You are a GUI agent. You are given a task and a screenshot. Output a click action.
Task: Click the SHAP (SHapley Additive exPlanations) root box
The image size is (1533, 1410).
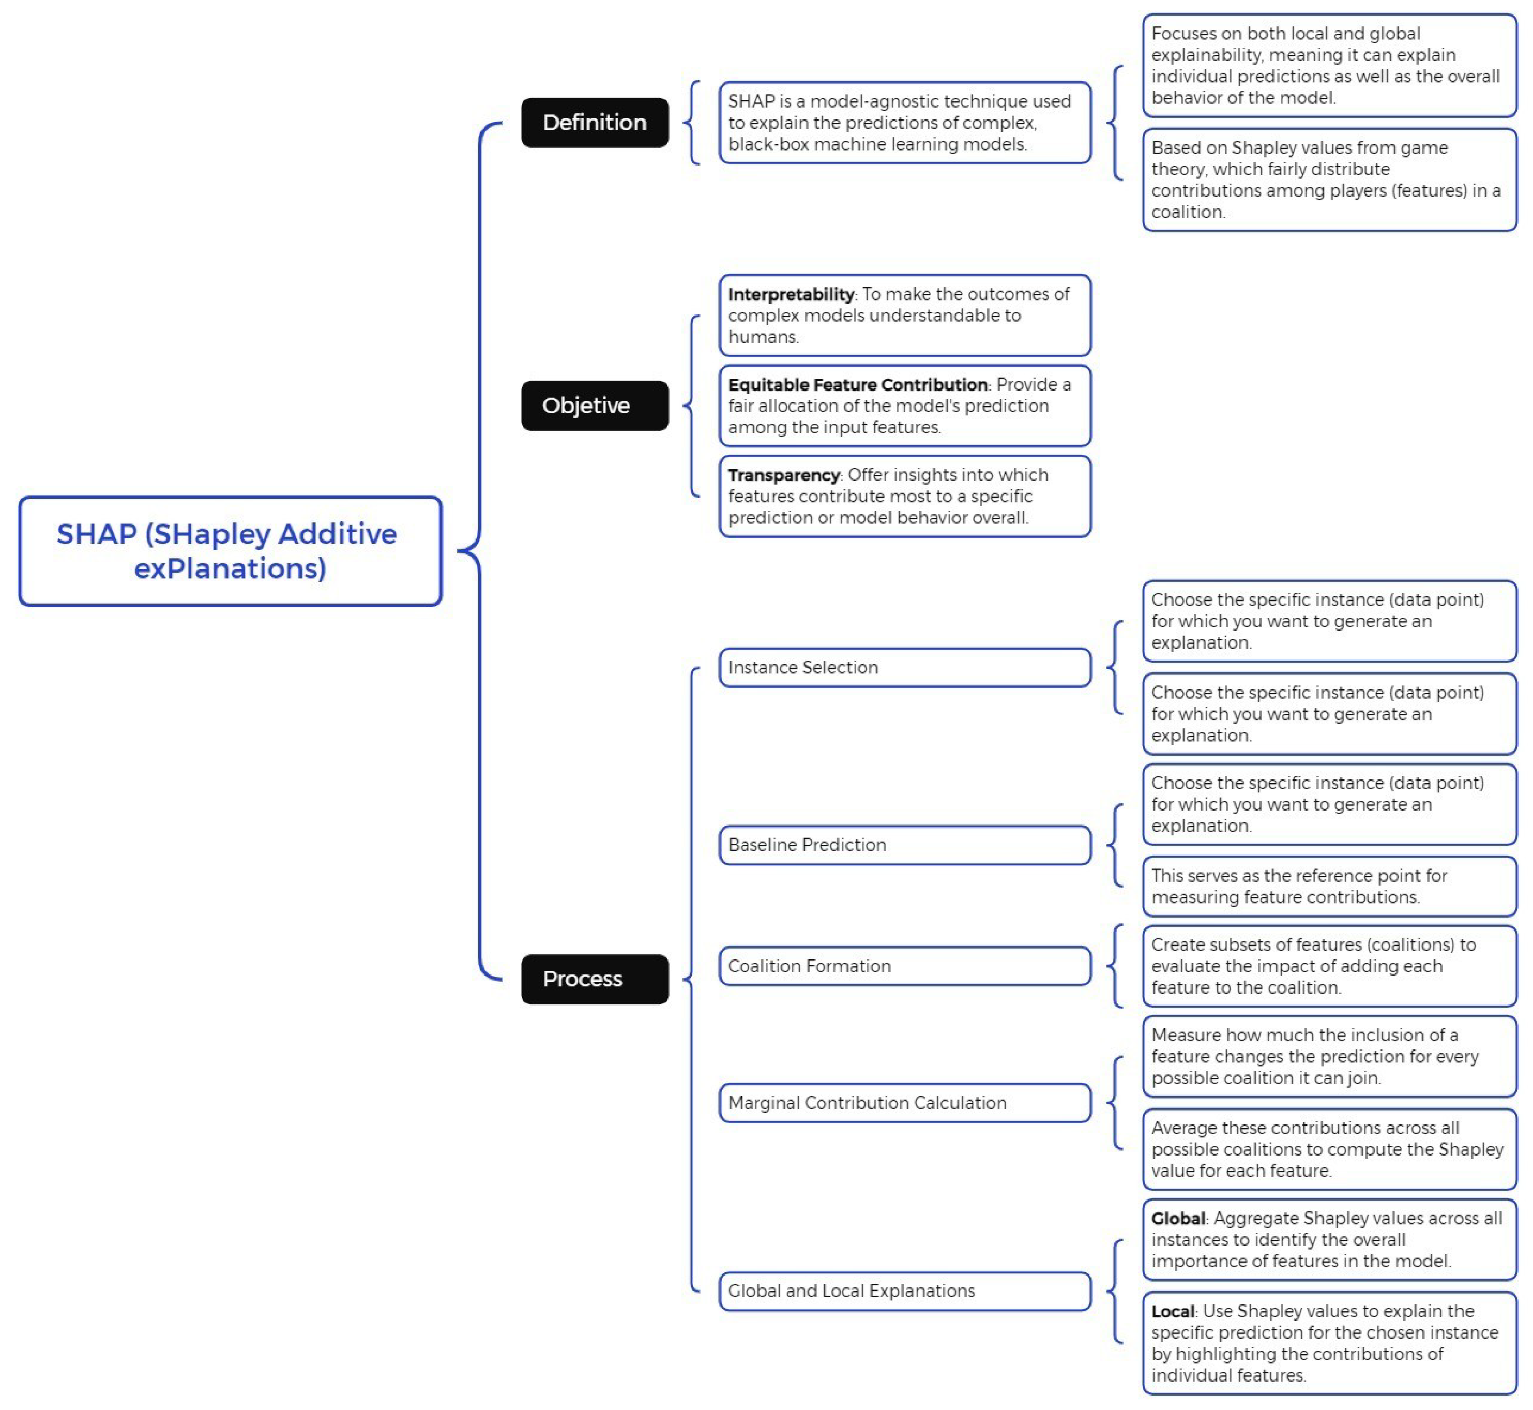(230, 551)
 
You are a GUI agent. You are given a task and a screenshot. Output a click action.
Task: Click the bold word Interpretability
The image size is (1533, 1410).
(790, 294)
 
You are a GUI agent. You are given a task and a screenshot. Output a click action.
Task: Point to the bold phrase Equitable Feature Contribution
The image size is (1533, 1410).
(857, 384)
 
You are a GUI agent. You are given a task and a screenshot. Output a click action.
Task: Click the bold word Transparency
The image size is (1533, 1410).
(783, 475)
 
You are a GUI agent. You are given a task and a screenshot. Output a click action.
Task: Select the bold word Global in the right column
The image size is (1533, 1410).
(1178, 1219)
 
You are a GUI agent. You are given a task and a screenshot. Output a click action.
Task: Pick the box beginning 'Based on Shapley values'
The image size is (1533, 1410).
(1329, 179)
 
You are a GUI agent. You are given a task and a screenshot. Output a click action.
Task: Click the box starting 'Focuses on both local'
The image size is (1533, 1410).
(1329, 66)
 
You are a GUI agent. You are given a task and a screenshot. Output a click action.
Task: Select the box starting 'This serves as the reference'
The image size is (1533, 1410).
(1329, 886)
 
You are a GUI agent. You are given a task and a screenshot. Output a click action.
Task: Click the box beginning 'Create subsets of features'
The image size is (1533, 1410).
(1329, 966)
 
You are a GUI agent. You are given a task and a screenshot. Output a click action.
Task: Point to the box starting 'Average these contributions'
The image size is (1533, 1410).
(1329, 1149)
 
